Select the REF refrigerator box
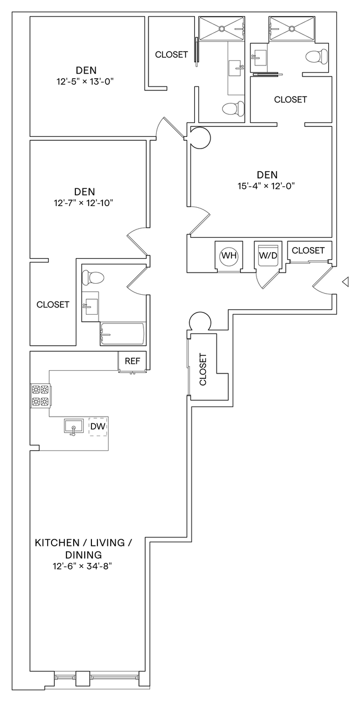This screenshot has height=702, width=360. (132, 361)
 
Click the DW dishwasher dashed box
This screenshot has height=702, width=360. (98, 426)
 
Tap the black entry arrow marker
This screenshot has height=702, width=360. (345, 282)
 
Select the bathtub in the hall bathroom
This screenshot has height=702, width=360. (122, 334)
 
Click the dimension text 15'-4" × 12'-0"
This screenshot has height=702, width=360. (264, 186)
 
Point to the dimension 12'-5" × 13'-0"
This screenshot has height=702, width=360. (86, 81)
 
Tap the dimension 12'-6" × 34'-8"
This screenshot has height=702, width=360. (83, 566)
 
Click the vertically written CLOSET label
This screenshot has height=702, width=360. (202, 370)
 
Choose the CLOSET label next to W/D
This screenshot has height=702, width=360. (308, 250)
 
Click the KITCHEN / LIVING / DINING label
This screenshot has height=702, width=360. (83, 548)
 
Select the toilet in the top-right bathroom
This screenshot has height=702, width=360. (314, 57)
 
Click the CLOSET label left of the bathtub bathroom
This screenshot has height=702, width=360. (53, 305)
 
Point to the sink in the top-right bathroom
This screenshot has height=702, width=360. (259, 55)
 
